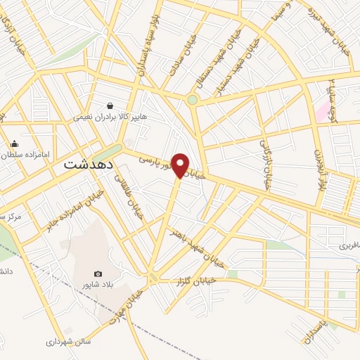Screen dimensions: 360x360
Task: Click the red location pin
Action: (x=181, y=165)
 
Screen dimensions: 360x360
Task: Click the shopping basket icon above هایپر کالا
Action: (x=110, y=105)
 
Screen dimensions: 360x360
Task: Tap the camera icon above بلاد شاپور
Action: (x=98, y=274)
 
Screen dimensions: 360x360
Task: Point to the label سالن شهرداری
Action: (x=69, y=342)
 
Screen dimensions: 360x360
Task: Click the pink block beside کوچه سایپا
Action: (x=323, y=112)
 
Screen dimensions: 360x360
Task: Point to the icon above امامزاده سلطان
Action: (x=14, y=144)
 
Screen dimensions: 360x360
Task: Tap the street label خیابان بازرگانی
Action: (x=266, y=162)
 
